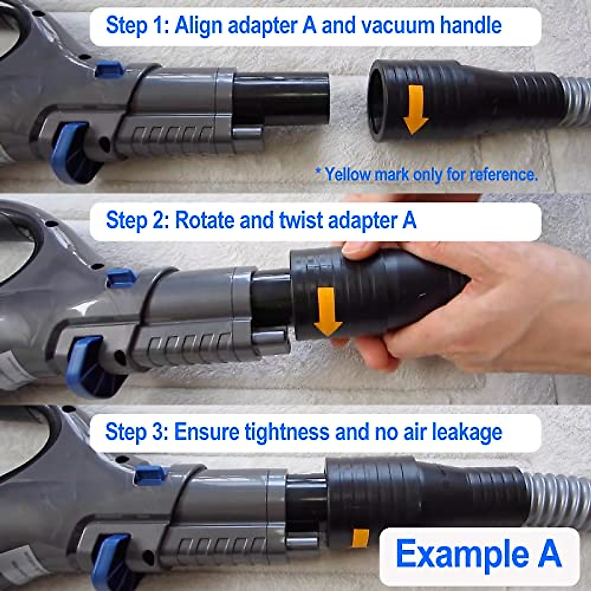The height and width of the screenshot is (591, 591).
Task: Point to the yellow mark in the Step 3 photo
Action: [x=361, y=538]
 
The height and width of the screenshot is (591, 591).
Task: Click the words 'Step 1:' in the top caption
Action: [x=131, y=25]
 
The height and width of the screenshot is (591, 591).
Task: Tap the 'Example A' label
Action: [x=478, y=554]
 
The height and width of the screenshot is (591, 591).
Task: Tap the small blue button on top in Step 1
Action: [x=109, y=69]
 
